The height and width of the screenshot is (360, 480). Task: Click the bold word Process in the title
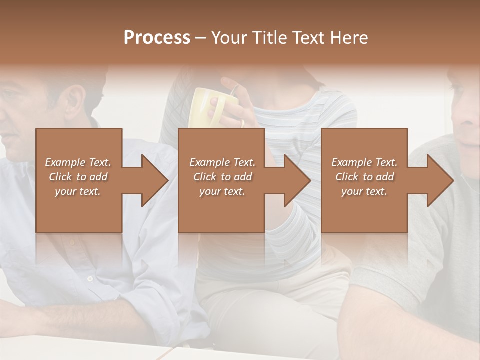pos(157,38)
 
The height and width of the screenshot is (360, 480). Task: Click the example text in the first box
pos(78,177)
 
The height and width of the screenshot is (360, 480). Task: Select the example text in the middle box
pos(222,177)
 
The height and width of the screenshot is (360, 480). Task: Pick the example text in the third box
pos(364,177)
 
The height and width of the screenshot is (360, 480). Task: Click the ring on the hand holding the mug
pos(242,122)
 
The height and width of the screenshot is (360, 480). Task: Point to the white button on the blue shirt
pos(90,278)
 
